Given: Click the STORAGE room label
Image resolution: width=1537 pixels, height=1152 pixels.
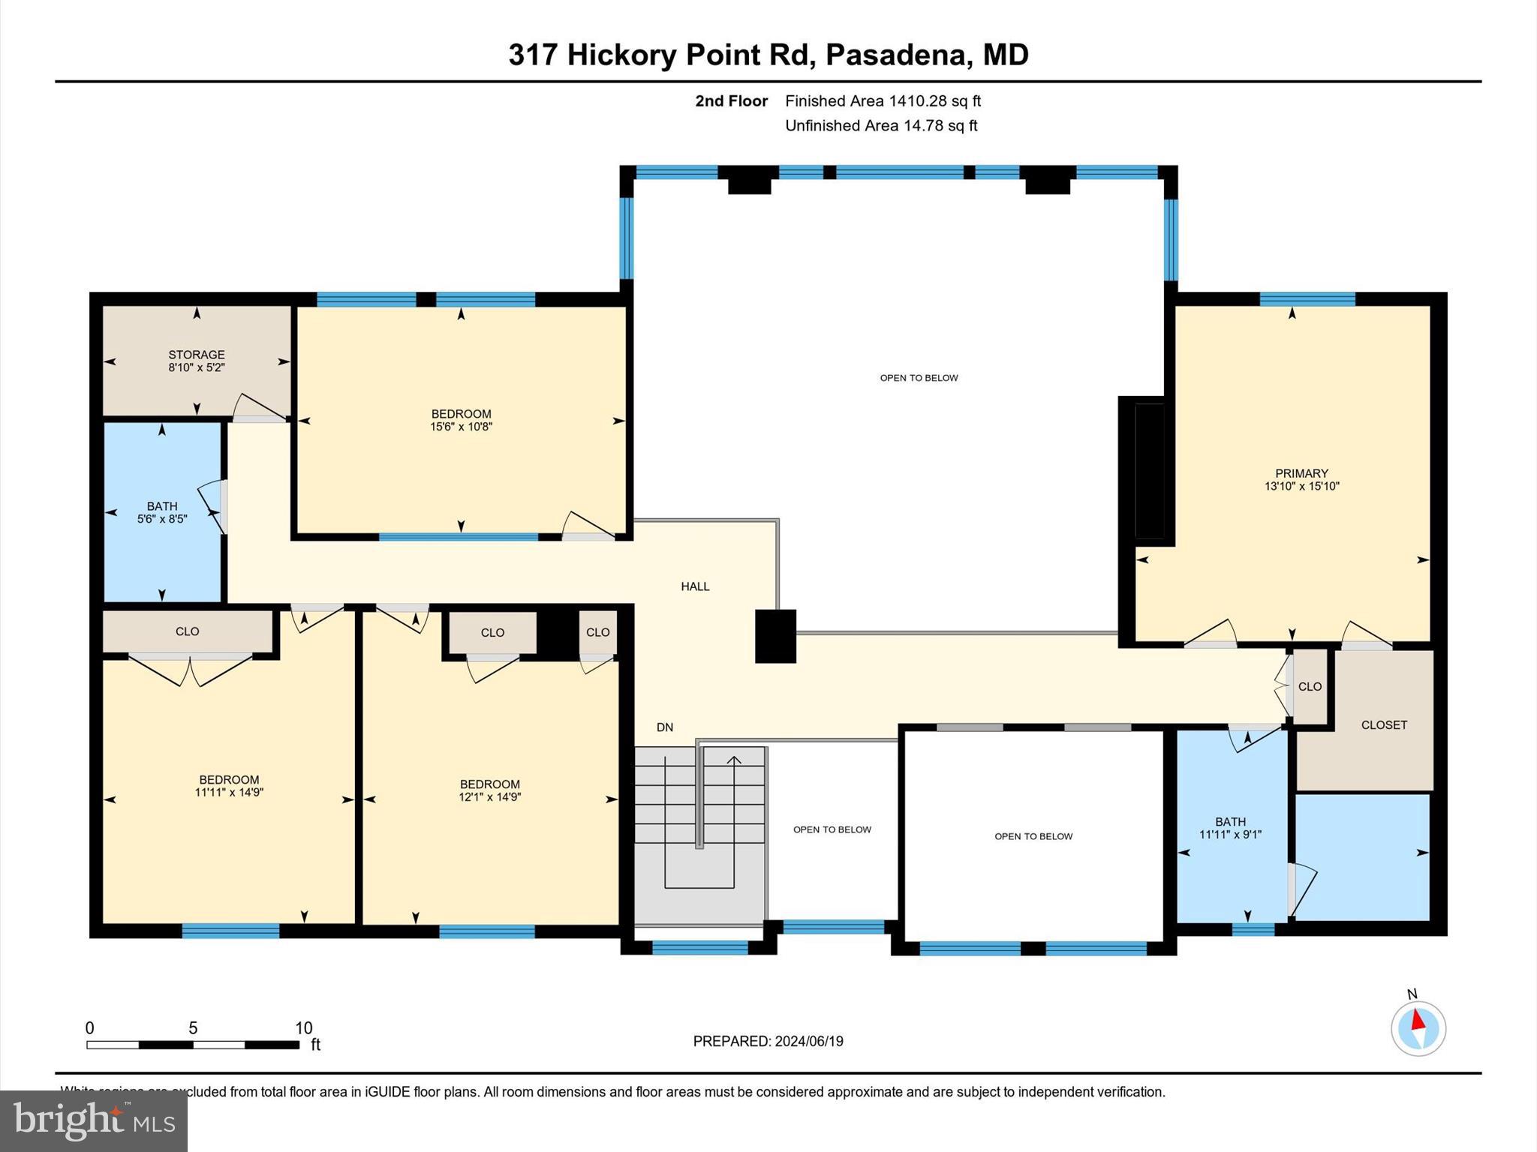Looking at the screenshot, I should click(x=196, y=355).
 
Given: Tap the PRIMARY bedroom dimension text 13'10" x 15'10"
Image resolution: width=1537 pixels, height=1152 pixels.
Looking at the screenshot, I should click(x=1301, y=486).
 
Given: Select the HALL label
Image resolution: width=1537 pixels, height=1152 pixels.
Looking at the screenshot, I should click(x=695, y=586).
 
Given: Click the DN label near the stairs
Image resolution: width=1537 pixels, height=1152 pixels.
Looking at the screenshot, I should click(x=665, y=727).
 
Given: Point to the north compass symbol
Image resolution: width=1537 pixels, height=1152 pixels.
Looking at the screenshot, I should click(x=1418, y=1027).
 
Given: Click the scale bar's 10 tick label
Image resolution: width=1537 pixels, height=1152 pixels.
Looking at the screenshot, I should click(x=303, y=1028).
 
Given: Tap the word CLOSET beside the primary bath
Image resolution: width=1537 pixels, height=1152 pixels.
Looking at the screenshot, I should click(x=1384, y=724).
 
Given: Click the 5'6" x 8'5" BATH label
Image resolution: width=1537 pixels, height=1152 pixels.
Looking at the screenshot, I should click(x=162, y=513).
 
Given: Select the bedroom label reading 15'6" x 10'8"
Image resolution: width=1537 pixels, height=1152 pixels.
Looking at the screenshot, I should click(x=461, y=420).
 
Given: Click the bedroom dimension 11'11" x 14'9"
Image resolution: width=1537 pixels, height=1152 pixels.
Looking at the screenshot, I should click(x=229, y=792).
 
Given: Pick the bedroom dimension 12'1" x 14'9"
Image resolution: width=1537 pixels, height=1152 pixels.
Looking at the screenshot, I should click(x=490, y=797).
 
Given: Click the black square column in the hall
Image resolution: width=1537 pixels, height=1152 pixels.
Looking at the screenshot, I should click(x=775, y=636).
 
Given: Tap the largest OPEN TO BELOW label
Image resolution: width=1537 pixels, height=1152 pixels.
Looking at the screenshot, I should click(x=919, y=378).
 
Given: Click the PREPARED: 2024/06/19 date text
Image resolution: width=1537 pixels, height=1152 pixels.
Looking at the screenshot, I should click(x=768, y=1041).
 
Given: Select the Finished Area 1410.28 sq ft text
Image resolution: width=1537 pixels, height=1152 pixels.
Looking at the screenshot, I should click(x=883, y=100).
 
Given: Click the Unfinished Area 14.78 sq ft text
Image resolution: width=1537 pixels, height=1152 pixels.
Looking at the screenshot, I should click(x=881, y=125).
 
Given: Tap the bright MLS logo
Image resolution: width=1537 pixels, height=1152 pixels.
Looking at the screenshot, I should click(x=94, y=1120).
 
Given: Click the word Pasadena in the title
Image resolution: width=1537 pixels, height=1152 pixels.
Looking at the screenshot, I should click(x=896, y=55).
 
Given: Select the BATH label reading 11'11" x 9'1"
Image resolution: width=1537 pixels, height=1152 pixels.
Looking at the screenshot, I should click(x=1230, y=827).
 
